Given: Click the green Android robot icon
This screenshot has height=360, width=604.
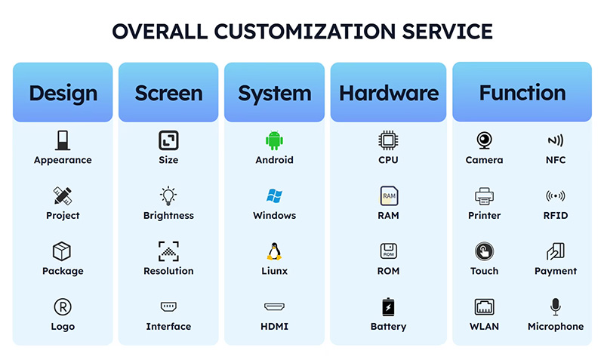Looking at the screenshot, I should tap(273, 140).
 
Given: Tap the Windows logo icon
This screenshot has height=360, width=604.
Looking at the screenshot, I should tap(273, 196).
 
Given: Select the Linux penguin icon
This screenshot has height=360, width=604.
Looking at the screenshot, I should tap(273, 251).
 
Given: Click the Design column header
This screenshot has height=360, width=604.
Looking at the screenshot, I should tap(63, 93).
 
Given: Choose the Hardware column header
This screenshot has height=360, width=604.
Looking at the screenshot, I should tap(388, 93).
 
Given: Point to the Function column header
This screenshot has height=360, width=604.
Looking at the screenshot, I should tap(522, 93).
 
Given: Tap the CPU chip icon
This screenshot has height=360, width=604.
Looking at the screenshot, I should tap(388, 140).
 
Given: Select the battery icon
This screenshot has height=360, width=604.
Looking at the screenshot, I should tap(388, 307).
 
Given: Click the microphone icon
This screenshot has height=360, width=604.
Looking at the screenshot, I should tap(555, 306).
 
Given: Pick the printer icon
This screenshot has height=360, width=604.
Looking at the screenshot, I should tap(484, 196).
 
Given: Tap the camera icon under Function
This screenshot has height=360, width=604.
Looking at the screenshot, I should tap(484, 140).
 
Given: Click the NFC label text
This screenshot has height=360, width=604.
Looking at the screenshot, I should tap(555, 160).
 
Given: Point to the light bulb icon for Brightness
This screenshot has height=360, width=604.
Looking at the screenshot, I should tap(168, 196).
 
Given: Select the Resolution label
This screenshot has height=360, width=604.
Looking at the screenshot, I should tap(168, 271).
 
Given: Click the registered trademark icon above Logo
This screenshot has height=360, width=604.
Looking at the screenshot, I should tap(63, 306).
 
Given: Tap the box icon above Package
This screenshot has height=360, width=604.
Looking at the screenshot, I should tap(63, 251).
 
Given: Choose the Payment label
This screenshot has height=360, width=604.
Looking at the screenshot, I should tap(555, 271).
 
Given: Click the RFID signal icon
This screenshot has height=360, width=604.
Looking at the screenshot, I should tap(555, 196).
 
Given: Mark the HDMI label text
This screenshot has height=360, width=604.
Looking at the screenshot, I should tap(273, 327).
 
